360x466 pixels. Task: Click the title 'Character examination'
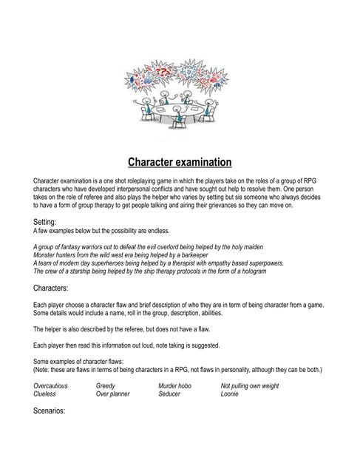point(180,161)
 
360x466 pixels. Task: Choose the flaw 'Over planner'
point(112,394)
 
